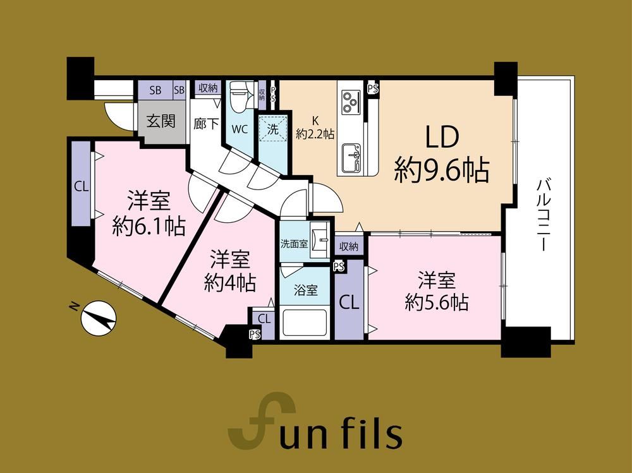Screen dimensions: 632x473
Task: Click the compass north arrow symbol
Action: (x=99, y=318)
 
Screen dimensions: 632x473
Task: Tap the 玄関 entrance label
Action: (x=161, y=121)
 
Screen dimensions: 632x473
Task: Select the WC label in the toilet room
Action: (x=240, y=129)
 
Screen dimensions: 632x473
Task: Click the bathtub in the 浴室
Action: (x=305, y=323)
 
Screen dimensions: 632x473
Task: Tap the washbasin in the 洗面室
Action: (x=321, y=241)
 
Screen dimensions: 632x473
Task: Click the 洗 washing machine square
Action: (x=273, y=129)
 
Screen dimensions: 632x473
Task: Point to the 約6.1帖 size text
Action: (x=149, y=227)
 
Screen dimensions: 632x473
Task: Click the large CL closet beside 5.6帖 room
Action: (x=349, y=300)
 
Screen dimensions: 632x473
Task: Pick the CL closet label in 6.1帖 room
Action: (x=81, y=186)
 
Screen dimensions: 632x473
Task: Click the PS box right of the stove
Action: (x=374, y=88)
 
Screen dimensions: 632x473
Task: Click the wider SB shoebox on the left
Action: (x=155, y=90)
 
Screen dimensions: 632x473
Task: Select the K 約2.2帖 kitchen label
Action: (x=315, y=128)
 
